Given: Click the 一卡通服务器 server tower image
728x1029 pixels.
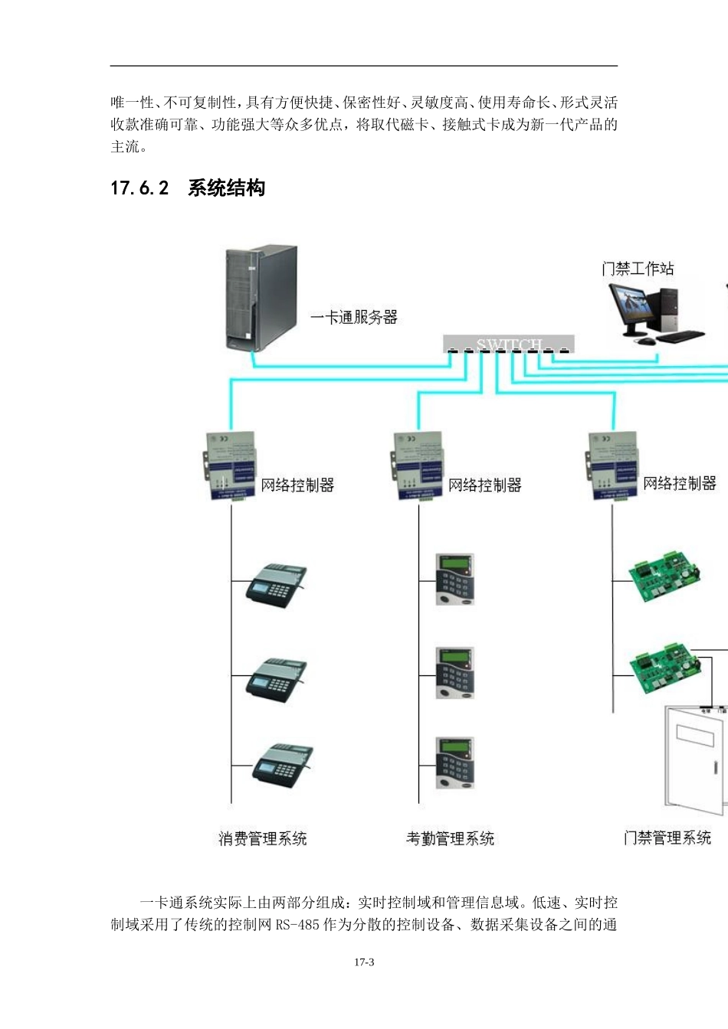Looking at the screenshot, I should pyautogui.click(x=260, y=297).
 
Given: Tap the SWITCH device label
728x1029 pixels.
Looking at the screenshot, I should pyautogui.click(x=509, y=345).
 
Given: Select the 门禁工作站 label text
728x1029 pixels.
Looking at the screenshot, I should pyautogui.click(x=638, y=269).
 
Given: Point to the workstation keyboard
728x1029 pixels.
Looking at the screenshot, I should pyautogui.click(x=680, y=335).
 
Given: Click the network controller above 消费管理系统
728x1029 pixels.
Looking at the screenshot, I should pyautogui.click(x=231, y=465).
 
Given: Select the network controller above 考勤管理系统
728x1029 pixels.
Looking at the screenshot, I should pyautogui.click(x=418, y=465).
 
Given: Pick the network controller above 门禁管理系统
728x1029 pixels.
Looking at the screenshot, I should pyautogui.click(x=612, y=465).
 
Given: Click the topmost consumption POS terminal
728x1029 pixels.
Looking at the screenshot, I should pyautogui.click(x=277, y=584).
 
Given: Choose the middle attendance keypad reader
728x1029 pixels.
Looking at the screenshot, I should pyautogui.click(x=455, y=672).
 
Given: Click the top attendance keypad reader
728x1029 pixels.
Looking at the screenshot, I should pyautogui.click(x=455, y=580).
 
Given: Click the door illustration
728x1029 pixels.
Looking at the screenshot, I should pyautogui.click(x=694, y=758).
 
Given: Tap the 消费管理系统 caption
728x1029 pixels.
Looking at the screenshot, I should pyautogui.click(x=262, y=838).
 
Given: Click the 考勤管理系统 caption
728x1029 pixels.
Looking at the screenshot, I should pyautogui.click(x=450, y=838).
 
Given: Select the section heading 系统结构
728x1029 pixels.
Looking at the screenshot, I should pyautogui.click(x=226, y=188).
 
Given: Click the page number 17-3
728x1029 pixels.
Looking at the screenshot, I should pyautogui.click(x=364, y=962).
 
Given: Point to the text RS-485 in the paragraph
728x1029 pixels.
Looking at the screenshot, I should pyautogui.click(x=297, y=925).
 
